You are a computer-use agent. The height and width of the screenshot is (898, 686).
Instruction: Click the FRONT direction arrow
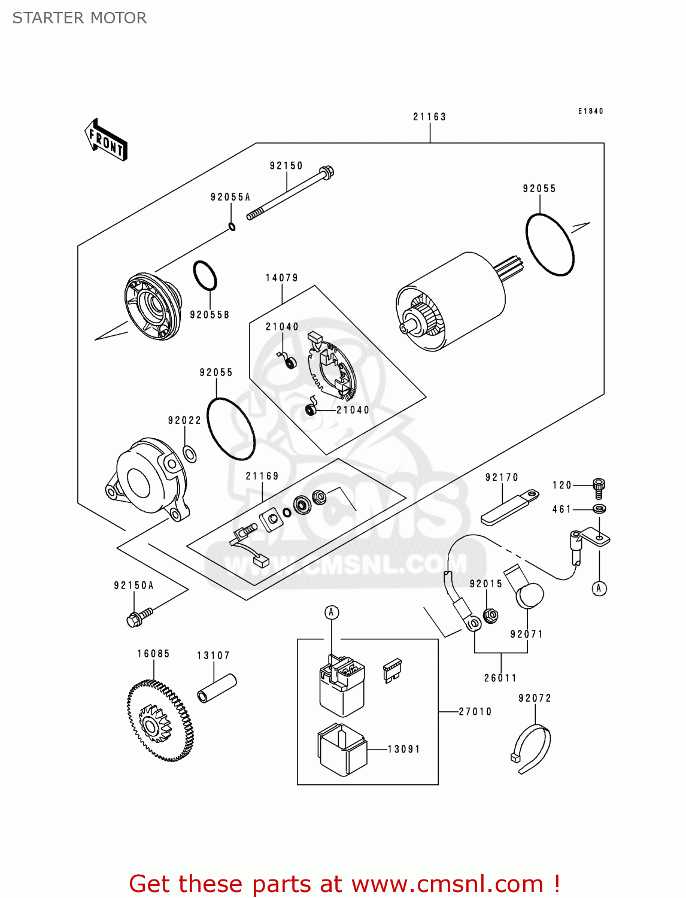click(106, 140)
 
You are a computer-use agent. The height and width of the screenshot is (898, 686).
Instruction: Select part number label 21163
click(429, 117)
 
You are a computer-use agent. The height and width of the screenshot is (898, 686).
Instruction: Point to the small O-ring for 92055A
click(232, 226)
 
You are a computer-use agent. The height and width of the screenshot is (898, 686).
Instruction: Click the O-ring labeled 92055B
click(205, 275)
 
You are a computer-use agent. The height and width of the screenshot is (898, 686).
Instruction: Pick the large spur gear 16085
click(160, 721)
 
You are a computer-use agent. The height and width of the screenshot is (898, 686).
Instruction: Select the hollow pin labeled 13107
click(217, 688)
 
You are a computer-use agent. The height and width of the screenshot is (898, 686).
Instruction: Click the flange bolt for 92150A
click(139, 617)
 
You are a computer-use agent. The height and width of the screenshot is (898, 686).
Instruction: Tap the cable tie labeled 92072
click(532, 748)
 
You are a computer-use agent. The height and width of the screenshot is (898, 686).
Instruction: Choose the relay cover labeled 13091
click(342, 750)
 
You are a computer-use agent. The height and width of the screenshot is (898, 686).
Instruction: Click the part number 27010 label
click(475, 712)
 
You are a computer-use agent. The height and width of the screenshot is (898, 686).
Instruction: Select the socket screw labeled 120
click(598, 487)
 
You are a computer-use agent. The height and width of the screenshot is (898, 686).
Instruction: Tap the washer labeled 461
click(599, 509)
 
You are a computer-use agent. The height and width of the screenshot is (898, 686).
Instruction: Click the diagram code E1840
click(590, 111)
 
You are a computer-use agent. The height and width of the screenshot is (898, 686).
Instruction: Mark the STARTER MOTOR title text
click(80, 18)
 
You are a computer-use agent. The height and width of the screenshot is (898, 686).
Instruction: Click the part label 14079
click(281, 278)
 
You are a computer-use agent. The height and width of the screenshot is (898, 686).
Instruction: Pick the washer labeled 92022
click(190, 454)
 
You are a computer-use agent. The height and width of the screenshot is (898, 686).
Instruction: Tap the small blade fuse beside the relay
click(392, 670)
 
